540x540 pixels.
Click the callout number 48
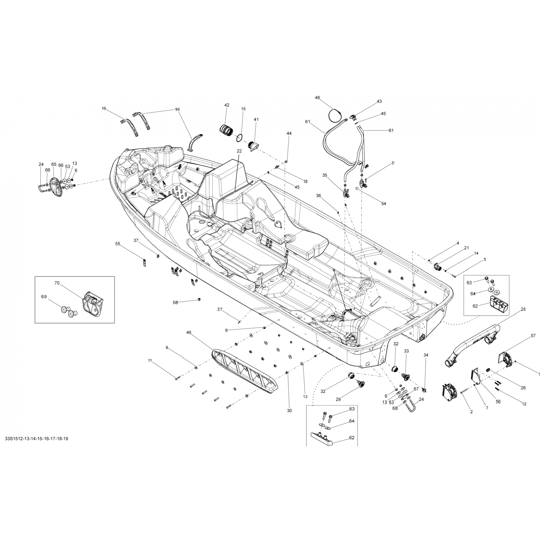click(x=317, y=98)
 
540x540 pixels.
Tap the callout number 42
click(x=227, y=105)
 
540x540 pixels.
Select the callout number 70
click(x=57, y=283)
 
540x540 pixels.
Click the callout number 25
click(x=523, y=309)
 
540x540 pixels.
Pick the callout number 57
click(x=533, y=336)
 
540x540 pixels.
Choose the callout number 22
click(x=239, y=151)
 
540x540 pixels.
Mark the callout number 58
click(x=175, y=303)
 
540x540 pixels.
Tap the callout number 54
click(x=384, y=204)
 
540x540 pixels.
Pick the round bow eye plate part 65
click(x=56, y=187)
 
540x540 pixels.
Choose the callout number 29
click(x=338, y=399)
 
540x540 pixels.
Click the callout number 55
click(x=118, y=244)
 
